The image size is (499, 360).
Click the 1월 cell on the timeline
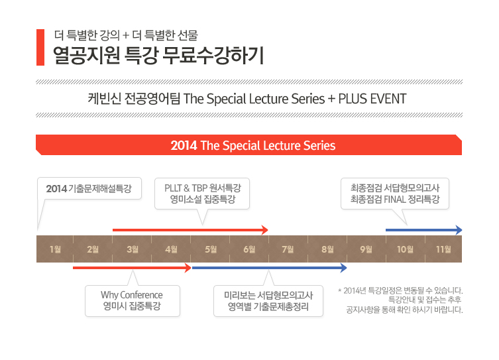pos(55,249)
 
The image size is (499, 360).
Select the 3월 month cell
pos(133,249)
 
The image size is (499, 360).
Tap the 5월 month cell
pos(211,249)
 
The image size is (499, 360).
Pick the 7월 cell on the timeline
pos(288,249)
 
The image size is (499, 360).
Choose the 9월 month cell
pos(366,249)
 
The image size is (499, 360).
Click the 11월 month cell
pos(443,249)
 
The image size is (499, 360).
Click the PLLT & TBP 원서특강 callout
pos(203,193)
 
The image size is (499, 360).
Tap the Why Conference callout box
pos(132,300)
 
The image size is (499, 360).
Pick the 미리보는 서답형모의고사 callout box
pos(269,300)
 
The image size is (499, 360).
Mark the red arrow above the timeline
pos(190,230)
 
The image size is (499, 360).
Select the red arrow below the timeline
pos(131,268)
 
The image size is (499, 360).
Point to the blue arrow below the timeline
pos(268,268)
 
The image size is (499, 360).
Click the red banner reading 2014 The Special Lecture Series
pos(249,145)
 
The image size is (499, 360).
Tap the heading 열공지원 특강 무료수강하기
pos(158,55)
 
